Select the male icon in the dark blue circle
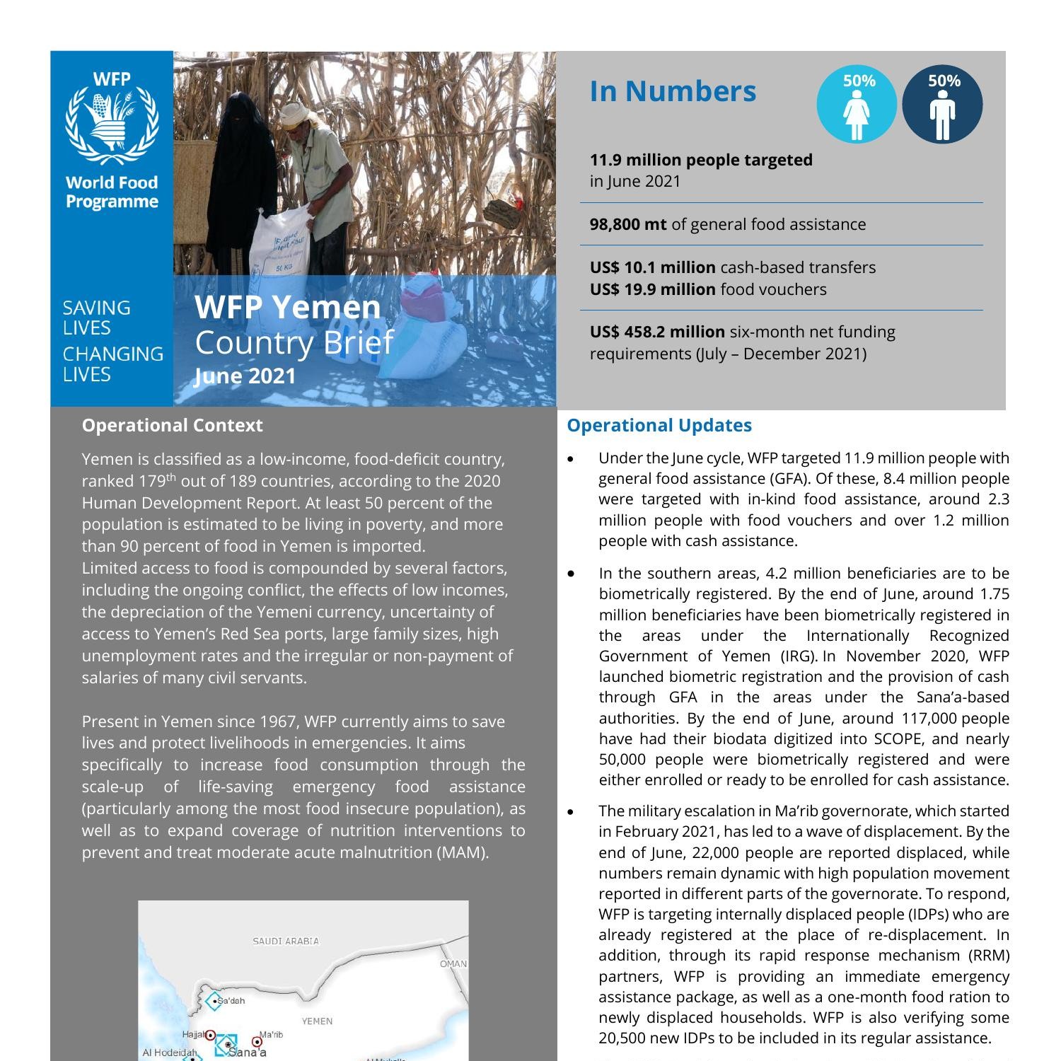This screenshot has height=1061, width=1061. point(942,113)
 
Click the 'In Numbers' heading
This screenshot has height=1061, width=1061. point(673,91)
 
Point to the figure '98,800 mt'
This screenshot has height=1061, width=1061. point(628,224)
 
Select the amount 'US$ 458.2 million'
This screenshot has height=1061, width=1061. point(657,332)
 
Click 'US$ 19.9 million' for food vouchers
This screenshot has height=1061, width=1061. point(652,289)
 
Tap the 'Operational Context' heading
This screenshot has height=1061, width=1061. point(172,425)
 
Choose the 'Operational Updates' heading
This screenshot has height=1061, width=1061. point(659,425)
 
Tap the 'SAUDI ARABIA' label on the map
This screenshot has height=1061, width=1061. point(286,941)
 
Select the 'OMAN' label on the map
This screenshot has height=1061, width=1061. point(453,963)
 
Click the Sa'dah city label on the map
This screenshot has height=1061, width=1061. point(231,1001)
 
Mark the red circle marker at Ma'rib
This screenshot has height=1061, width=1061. point(257,1042)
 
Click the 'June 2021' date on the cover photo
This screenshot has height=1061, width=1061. point(245,376)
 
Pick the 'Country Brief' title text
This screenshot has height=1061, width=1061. point(294,342)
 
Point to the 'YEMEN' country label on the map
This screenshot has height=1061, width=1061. point(317,1021)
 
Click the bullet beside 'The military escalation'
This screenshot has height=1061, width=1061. point(571,811)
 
